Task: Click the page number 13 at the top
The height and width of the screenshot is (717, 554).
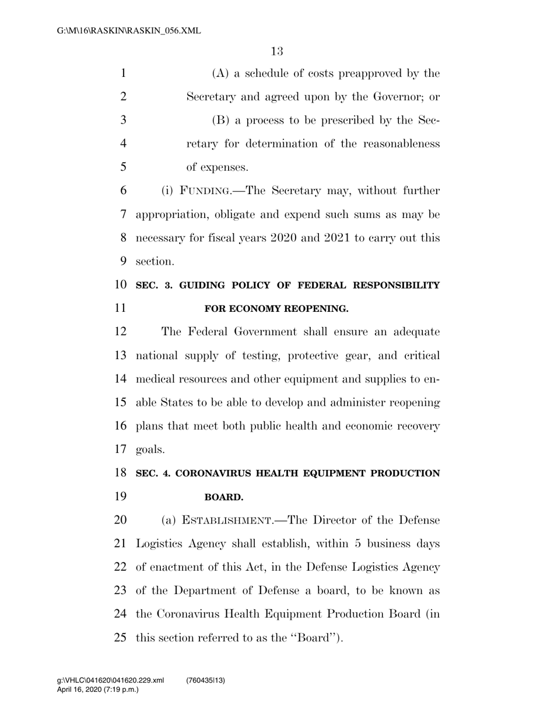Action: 277,51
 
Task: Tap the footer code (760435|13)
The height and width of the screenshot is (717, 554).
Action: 206,681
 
